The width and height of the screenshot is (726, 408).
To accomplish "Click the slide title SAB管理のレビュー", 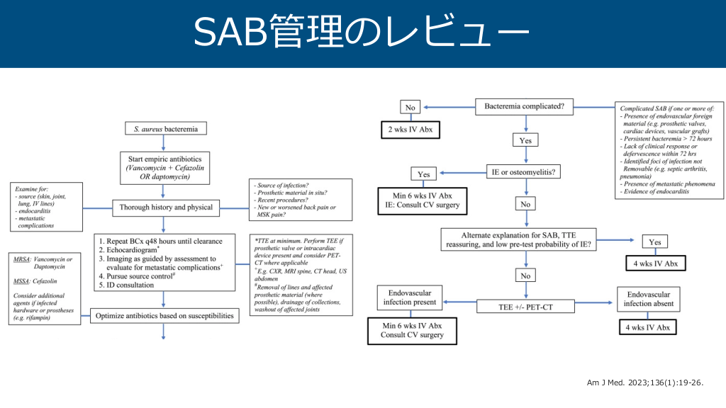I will click(x=362, y=33).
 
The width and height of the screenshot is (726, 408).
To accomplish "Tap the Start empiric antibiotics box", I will click(x=164, y=167).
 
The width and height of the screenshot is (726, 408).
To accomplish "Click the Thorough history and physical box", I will click(x=164, y=208).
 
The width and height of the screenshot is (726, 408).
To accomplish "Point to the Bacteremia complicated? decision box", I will click(x=524, y=106).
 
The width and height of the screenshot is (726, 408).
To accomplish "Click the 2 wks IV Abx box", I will click(x=409, y=130).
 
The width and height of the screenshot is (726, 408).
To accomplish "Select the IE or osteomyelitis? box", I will click(x=524, y=172).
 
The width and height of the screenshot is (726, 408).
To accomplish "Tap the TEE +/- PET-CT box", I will click(x=525, y=307).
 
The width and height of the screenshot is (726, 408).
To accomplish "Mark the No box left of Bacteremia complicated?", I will click(x=410, y=108).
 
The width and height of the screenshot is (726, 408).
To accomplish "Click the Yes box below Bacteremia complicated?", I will click(x=525, y=141).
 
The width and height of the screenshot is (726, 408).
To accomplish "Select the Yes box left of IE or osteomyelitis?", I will click(x=423, y=174).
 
